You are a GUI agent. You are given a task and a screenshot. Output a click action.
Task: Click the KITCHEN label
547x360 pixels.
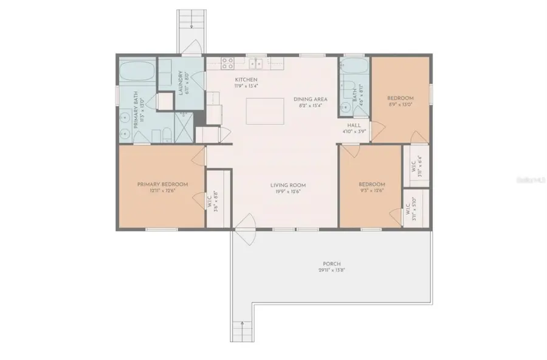(246, 80)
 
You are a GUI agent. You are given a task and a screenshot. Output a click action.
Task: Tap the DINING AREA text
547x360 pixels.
(311, 99)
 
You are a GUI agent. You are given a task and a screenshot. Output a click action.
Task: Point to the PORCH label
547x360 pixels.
(331, 264)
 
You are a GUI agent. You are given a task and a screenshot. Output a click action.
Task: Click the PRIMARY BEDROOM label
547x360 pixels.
(162, 184)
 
